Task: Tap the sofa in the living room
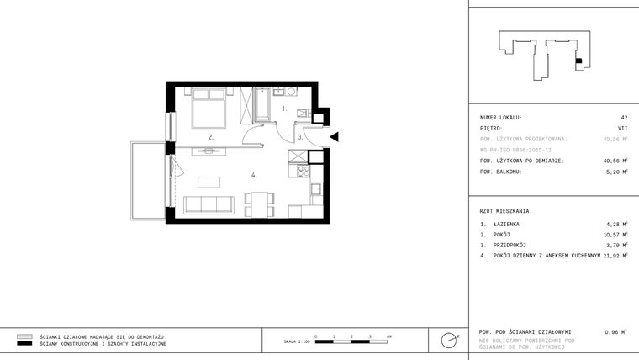(x=209, y=204)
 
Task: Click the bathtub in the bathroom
(x=262, y=103)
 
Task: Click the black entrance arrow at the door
(x=334, y=136)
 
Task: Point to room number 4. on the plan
(x=252, y=175)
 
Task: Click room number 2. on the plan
(x=212, y=135)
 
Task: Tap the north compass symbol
(x=449, y=341)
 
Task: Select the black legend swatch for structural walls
(x=24, y=344)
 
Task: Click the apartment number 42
(x=623, y=118)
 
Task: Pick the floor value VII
(x=622, y=129)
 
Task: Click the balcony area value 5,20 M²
(x=615, y=172)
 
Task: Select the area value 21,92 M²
(x=615, y=255)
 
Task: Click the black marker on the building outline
(x=578, y=61)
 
